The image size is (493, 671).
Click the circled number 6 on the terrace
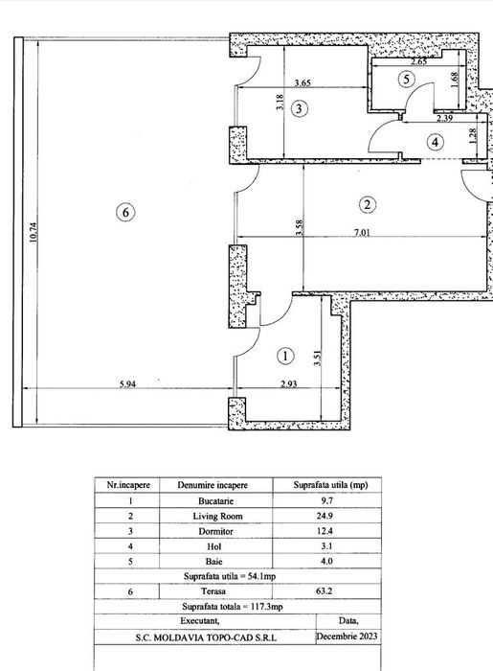pos(125,212)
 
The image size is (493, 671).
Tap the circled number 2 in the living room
pos(368,204)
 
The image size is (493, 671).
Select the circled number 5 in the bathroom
pos(406,80)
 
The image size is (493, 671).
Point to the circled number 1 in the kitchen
pos(285,356)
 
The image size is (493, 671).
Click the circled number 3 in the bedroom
pos(299,108)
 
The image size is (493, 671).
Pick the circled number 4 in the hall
pos(435,142)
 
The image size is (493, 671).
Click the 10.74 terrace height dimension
pos(34,232)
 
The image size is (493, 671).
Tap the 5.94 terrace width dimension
pos(127,383)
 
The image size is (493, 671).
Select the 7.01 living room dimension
pos(362,232)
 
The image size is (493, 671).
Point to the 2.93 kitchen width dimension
pos(289,383)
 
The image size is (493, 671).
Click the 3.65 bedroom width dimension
pos(303,82)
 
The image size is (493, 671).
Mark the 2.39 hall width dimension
pos(444,118)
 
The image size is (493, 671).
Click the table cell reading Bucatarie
pos(215,500)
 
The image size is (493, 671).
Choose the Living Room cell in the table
pos(217,516)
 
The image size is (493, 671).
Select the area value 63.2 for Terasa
pos(325,591)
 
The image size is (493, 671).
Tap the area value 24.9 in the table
pos(325,516)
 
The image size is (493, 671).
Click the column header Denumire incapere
pos(213,485)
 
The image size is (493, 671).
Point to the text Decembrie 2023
pos(347,636)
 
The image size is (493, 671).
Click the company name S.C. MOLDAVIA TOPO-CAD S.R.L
pos(206,637)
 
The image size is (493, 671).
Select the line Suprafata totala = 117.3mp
pos(233,607)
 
